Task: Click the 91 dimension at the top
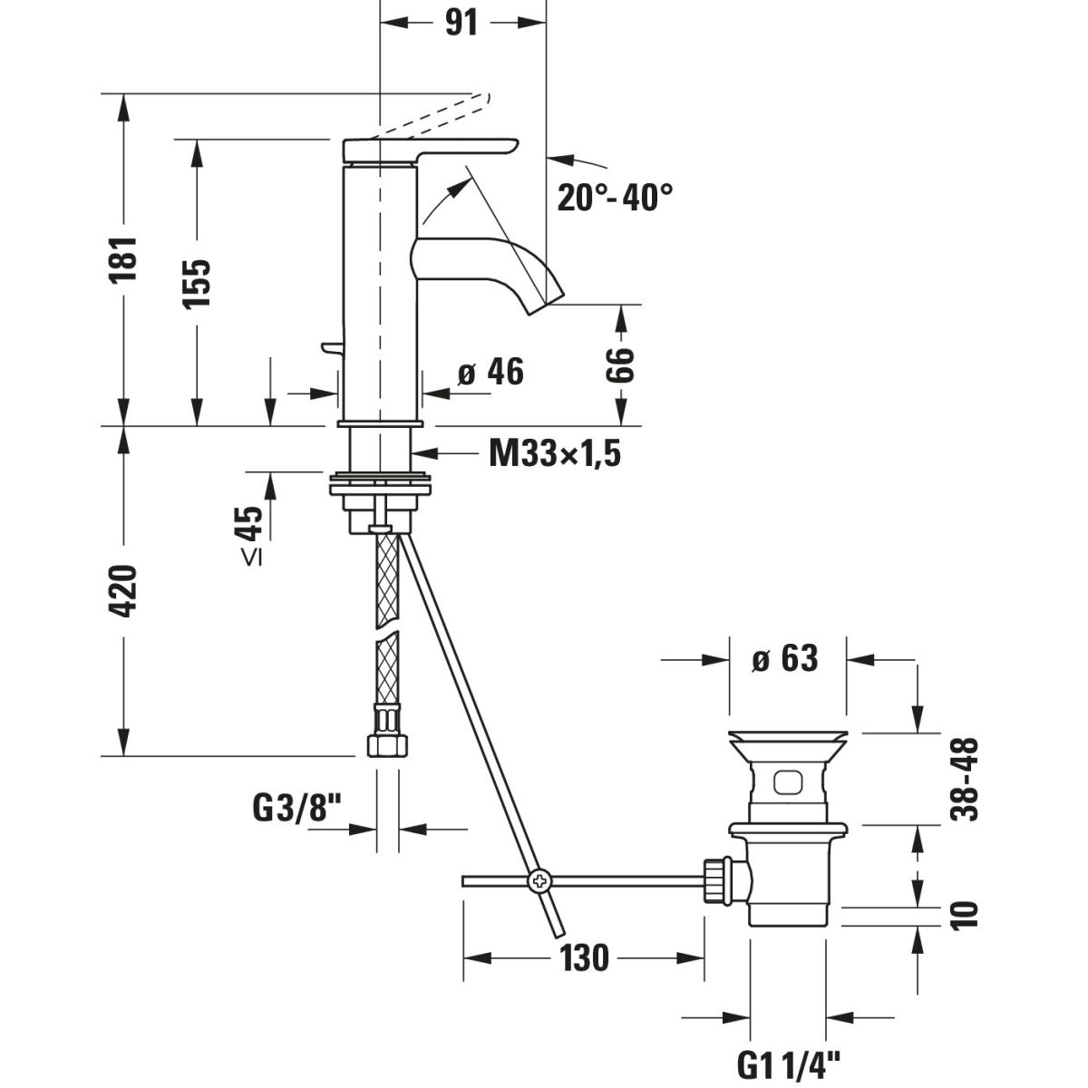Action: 461,23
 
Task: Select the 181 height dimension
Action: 124,258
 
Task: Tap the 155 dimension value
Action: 197,282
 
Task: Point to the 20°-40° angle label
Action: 616,195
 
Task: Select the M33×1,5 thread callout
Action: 555,452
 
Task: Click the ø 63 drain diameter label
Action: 785,659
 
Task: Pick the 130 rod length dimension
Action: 583,957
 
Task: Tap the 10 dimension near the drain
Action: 967,913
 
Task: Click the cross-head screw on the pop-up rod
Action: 539,879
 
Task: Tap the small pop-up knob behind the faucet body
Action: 329,348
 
